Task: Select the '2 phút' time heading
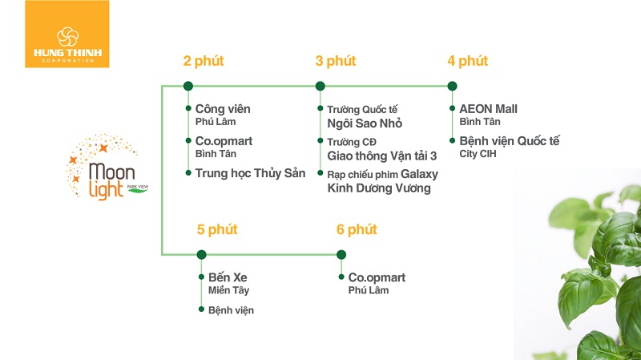(x=204, y=61)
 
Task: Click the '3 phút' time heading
(x=335, y=61)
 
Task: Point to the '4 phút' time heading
(x=467, y=61)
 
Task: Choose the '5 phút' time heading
(x=216, y=230)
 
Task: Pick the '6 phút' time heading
(x=357, y=230)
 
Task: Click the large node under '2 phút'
(x=187, y=86)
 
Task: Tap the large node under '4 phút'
(x=452, y=86)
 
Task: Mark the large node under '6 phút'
(x=341, y=255)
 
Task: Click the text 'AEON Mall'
(x=489, y=108)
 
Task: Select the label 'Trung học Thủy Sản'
(x=250, y=173)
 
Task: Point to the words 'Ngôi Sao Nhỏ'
(x=365, y=123)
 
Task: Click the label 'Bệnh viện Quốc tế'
(x=510, y=141)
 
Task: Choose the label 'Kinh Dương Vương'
(x=379, y=188)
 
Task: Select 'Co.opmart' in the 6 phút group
(x=377, y=277)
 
